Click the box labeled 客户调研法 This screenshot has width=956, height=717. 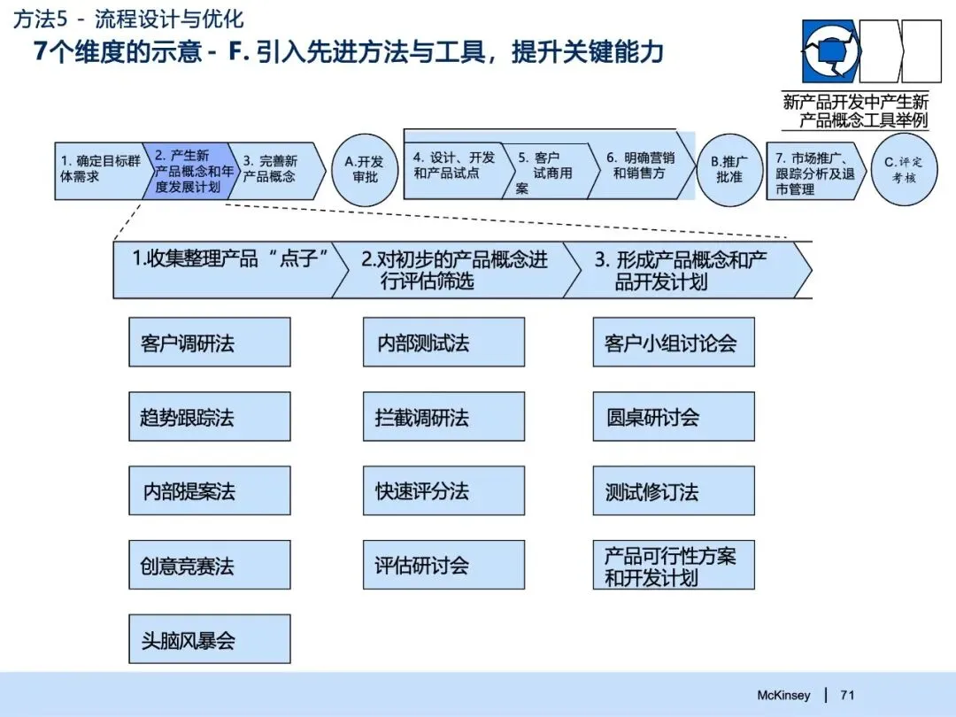click(210, 343)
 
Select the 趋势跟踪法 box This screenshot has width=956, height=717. click(210, 417)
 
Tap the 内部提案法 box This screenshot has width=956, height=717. click(210, 491)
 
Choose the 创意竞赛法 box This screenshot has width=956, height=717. click(210, 566)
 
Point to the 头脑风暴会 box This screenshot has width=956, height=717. click(210, 639)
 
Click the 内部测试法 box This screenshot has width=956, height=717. click(443, 343)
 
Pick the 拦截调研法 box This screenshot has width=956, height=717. click(443, 417)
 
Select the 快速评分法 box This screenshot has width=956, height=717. click(443, 491)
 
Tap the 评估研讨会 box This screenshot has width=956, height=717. click(443, 566)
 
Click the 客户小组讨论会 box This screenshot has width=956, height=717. click(674, 343)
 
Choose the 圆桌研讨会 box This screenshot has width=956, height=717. click(674, 417)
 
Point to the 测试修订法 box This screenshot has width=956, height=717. click(674, 491)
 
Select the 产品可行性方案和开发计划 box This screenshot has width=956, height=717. click(674, 566)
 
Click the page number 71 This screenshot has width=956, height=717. click(847, 695)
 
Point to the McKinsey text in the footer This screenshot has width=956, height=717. click(783, 695)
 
